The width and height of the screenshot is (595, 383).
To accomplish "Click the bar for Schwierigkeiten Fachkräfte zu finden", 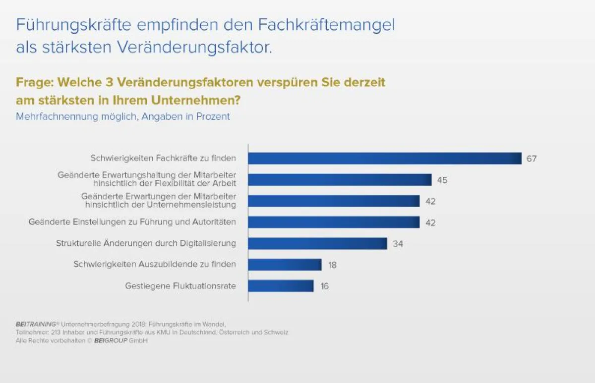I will [x=384, y=159].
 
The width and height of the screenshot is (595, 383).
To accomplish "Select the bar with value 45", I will [x=340, y=180].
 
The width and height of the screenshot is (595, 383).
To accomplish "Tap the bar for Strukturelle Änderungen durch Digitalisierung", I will [x=317, y=243].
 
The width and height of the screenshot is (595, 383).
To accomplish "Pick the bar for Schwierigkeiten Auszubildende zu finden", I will [x=285, y=265].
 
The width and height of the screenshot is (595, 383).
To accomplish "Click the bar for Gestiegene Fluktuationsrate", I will [x=281, y=286].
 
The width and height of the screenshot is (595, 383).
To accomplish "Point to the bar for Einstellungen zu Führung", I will [x=334, y=222].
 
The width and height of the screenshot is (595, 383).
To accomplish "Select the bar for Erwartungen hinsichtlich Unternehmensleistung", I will [x=334, y=201].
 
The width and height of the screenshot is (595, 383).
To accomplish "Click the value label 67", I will [x=532, y=159].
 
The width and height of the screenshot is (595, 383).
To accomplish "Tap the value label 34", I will [x=397, y=244].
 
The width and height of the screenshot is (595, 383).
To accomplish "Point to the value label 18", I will [x=332, y=265].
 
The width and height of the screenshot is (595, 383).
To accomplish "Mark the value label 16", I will [x=324, y=286].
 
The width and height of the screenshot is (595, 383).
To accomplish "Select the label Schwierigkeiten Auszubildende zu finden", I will [x=155, y=265].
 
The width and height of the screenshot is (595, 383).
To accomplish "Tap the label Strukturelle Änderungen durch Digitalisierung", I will [x=146, y=243].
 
